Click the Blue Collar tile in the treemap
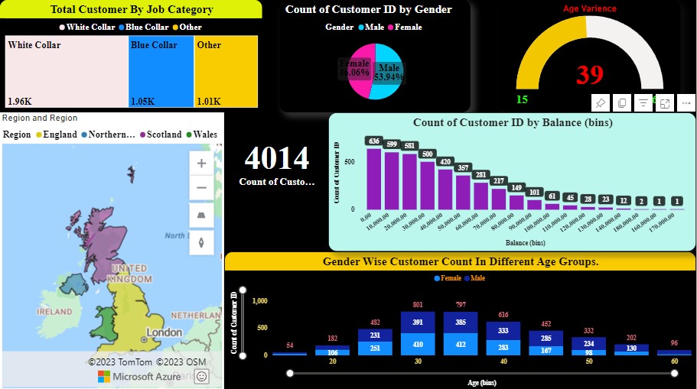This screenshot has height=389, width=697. pyautogui.click(x=161, y=73)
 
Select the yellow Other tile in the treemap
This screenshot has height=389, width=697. pyautogui.click(x=226, y=73)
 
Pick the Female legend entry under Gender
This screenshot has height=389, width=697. pyautogui.click(x=408, y=27)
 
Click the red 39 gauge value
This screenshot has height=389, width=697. pyautogui.click(x=590, y=75)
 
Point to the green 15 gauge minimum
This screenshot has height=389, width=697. pyautogui.click(x=522, y=99)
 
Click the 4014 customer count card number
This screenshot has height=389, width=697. pyautogui.click(x=276, y=159)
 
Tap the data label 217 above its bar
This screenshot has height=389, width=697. pyautogui.click(x=499, y=180)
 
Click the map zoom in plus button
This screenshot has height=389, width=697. pyautogui.click(x=201, y=163)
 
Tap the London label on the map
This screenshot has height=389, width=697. pyautogui.click(x=164, y=332)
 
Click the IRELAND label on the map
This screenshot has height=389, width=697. pyautogui.click(x=55, y=312)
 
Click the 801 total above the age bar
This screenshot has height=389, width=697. pyautogui.click(x=417, y=305)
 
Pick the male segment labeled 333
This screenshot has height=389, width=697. pyautogui.click(x=503, y=331)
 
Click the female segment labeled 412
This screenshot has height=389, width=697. pyautogui.click(x=460, y=345)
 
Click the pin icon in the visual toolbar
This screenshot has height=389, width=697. pyautogui.click(x=601, y=103)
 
